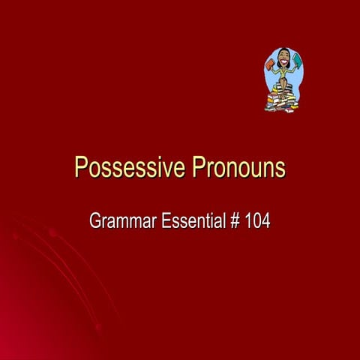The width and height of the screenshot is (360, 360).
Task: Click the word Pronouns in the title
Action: tap(238, 167)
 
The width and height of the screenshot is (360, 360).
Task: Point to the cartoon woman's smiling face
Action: tap(283, 58)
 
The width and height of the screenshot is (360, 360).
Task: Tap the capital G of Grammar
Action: tap(95, 221)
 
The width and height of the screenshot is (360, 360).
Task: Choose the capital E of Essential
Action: tap(166, 221)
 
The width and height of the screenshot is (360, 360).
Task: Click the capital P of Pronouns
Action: tap(198, 167)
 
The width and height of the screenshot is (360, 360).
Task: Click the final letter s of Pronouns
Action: tap(280, 169)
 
